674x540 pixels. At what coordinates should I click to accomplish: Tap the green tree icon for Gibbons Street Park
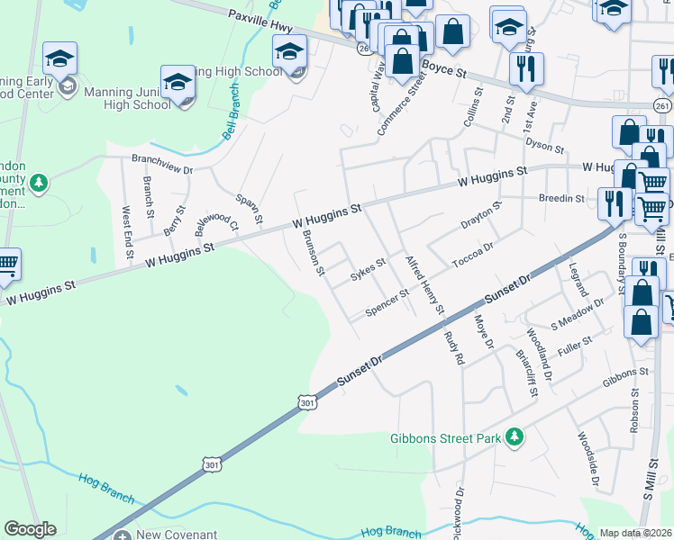[x=515, y=437]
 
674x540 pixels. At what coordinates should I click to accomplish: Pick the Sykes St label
[x=368, y=269]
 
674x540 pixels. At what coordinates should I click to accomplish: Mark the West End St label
[x=128, y=229]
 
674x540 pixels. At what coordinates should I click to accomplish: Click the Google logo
[x=30, y=529]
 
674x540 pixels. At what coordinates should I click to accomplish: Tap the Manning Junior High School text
[x=127, y=98]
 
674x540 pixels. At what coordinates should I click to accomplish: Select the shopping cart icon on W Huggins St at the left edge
[x=6, y=264]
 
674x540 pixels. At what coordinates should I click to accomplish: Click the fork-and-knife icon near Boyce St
[x=524, y=67]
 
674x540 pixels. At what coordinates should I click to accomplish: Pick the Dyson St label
[x=545, y=146]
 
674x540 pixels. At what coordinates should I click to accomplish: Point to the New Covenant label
[x=174, y=535]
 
